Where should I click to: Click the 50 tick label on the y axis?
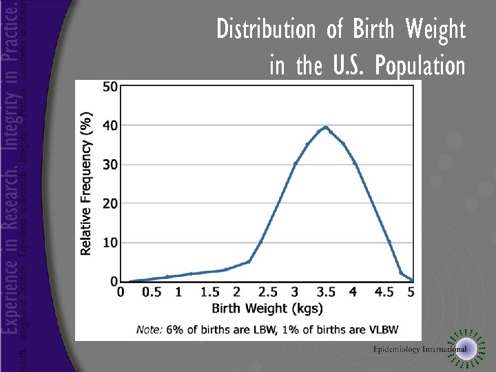(110, 86)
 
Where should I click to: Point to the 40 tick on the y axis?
(110, 125)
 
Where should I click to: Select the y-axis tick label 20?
(110, 203)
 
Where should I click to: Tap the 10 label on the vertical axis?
(110, 242)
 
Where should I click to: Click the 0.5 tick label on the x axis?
(151, 292)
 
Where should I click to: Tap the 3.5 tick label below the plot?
(325, 292)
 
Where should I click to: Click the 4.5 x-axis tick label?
(384, 292)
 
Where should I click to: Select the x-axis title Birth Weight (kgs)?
(267, 308)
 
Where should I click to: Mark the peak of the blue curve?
(325, 127)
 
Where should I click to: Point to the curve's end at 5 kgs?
(411, 279)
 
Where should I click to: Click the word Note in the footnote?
(149, 329)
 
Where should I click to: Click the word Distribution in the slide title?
(265, 30)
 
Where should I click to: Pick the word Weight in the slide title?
(435, 30)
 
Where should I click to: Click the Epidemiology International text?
(420, 349)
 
